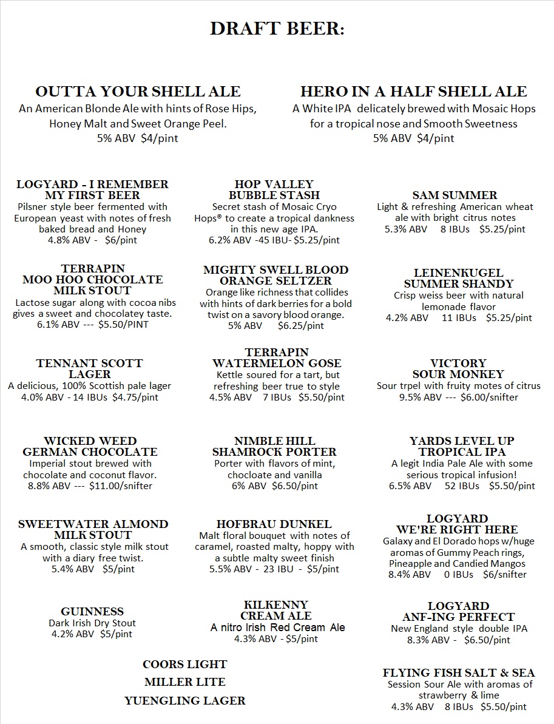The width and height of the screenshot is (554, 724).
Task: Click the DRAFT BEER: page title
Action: pyautogui.click(x=277, y=29)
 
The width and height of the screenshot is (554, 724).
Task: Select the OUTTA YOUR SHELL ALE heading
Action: pyautogui.click(x=138, y=92)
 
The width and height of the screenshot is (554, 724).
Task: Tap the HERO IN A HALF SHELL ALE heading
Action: pyautogui.click(x=413, y=92)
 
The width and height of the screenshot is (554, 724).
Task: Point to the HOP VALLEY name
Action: pyautogui.click(x=274, y=184)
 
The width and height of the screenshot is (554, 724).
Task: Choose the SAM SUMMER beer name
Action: pyautogui.click(x=454, y=195)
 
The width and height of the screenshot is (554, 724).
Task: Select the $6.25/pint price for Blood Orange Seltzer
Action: pyautogui.click(x=301, y=326)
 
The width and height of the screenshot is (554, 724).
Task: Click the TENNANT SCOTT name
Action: pyautogui.click(x=89, y=364)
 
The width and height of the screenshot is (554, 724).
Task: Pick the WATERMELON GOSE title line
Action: pyautogui.click(x=277, y=364)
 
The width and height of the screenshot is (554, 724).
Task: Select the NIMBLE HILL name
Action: pyautogui.click(x=274, y=441)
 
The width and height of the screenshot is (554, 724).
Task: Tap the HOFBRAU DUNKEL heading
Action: pyautogui.click(x=274, y=524)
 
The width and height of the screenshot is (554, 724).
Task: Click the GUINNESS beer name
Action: pyautogui.click(x=92, y=612)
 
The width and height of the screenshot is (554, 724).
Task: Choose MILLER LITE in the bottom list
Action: pyautogui.click(x=185, y=682)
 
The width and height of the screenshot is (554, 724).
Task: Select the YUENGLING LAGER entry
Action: pyautogui.click(x=185, y=701)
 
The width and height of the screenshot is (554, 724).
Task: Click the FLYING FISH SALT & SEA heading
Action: pyautogui.click(x=459, y=673)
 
